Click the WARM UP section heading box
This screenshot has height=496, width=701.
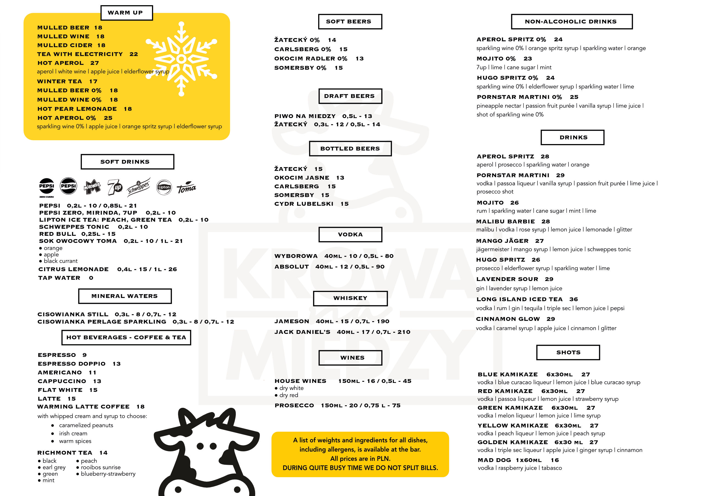[127, 13]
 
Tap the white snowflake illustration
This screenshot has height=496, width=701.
[181, 59]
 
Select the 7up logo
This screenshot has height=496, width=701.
[115, 187]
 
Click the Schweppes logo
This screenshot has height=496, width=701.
[139, 187]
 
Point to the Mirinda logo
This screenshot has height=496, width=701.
[92, 187]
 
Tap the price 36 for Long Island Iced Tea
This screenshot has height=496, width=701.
[573, 299]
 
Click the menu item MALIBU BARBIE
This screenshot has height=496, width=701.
[505, 221]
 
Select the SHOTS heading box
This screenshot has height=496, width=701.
[568, 352]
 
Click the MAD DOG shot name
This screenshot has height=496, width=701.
[494, 460]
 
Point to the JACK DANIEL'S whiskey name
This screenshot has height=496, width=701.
[302, 332]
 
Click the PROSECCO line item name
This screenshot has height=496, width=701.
[294, 405]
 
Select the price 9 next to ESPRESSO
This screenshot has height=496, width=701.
[85, 355]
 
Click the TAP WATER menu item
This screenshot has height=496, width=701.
[59, 278]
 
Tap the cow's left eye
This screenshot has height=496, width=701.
[200, 446]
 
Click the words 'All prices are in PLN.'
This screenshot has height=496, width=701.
[360, 458]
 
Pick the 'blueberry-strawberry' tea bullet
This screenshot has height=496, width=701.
[108, 474]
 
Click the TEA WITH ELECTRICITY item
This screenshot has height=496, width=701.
[80, 54]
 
